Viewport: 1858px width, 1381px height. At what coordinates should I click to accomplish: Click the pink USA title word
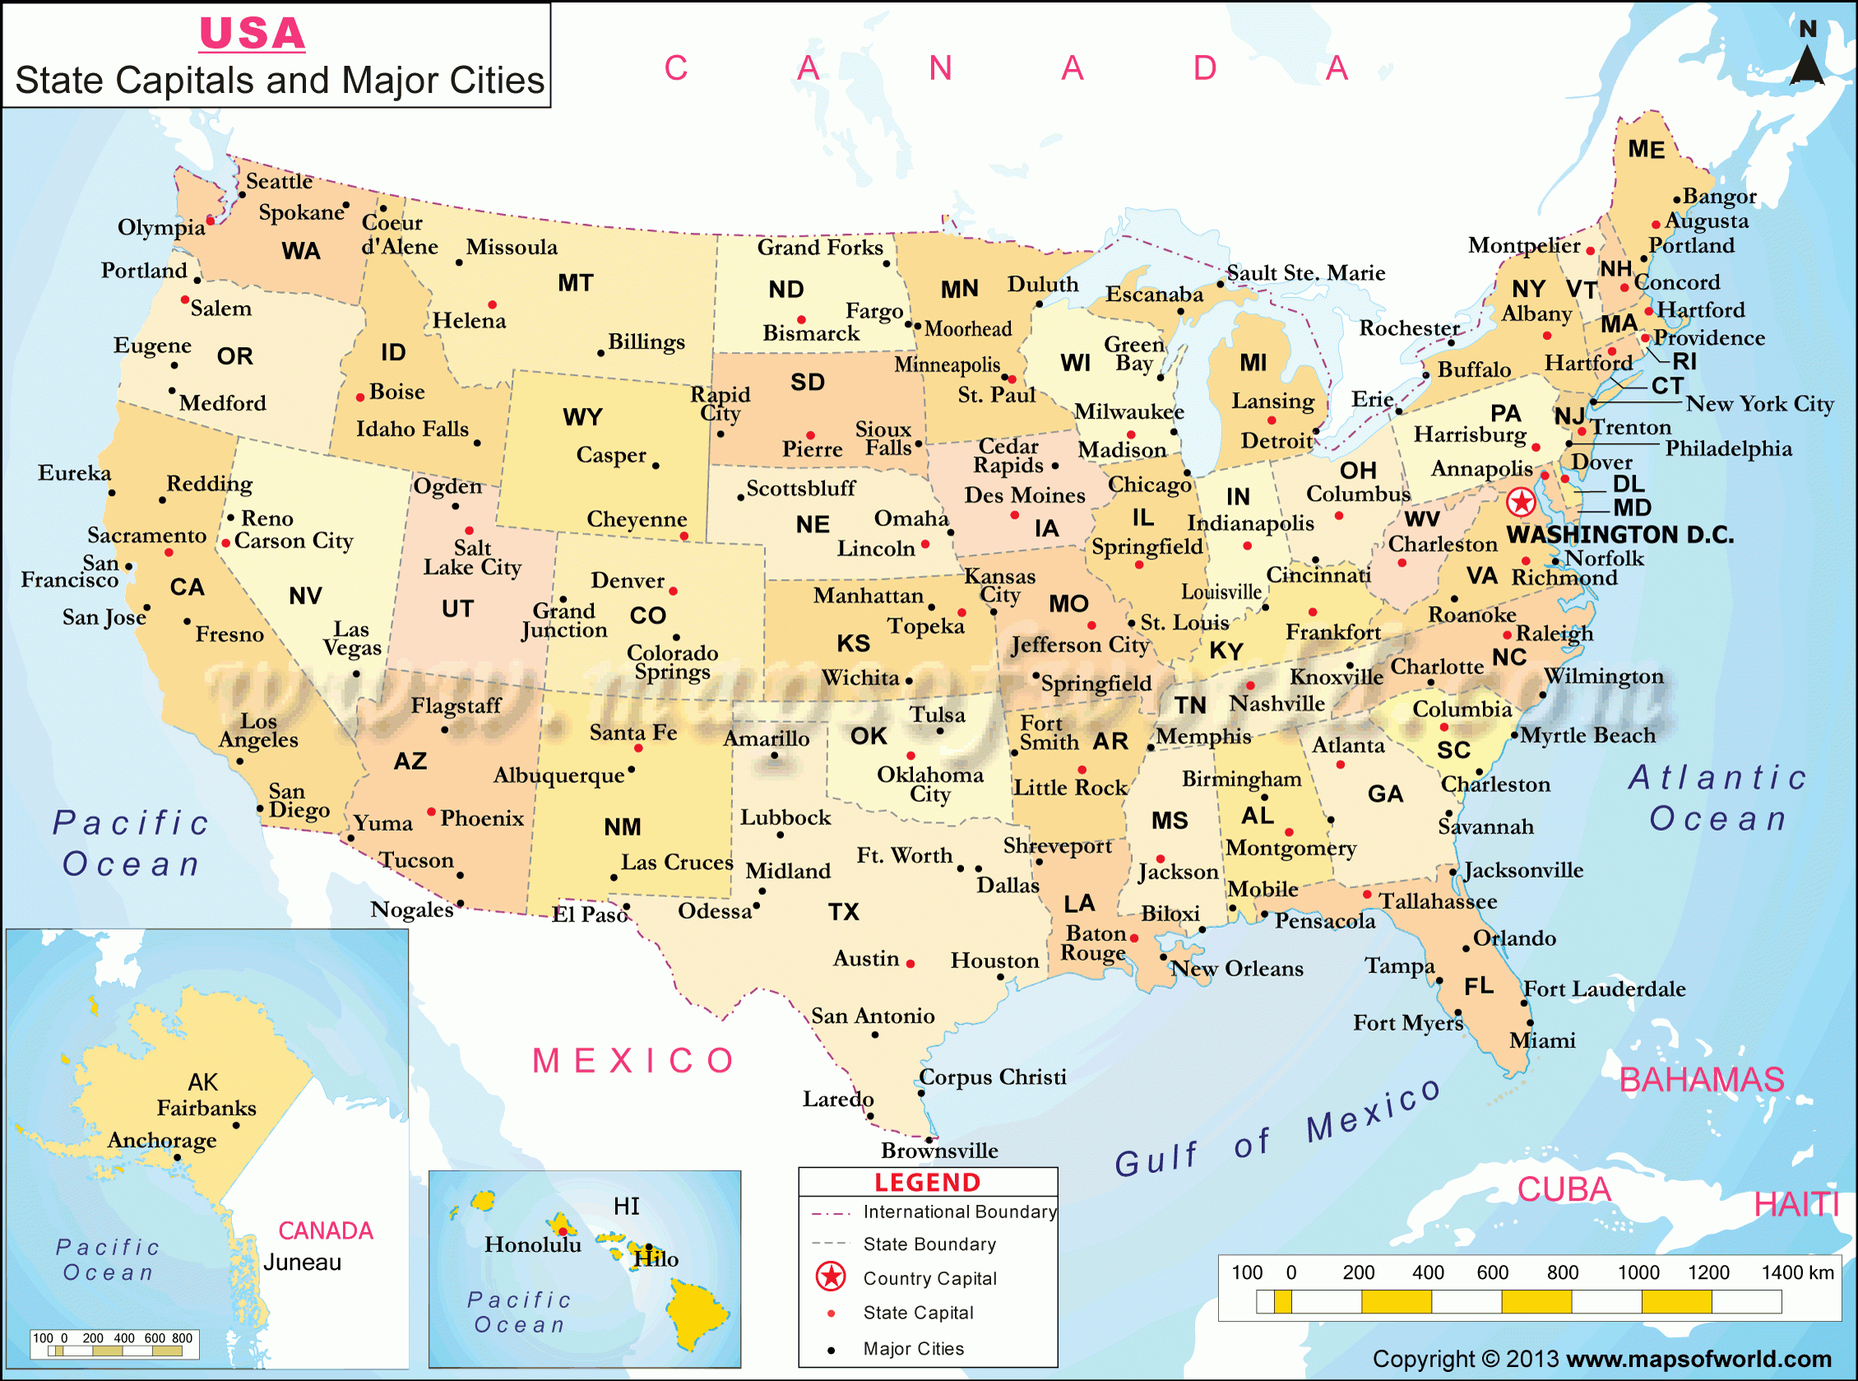252,35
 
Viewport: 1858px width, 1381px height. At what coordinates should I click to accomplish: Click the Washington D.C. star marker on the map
1521,503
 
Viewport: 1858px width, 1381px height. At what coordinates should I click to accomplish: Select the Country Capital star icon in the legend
830,1277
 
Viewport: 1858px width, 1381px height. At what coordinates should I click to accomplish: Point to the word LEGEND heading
927,1182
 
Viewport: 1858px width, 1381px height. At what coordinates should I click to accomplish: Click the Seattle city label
279,182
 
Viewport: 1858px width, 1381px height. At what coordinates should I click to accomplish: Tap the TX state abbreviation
843,911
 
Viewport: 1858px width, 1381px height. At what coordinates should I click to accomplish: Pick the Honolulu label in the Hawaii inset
532,1244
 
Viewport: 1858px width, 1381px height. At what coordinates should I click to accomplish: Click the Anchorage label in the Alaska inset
162,1140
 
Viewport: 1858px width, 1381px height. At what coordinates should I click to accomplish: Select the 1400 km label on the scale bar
1797,1272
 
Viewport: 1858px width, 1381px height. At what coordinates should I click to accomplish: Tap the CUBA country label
1563,1189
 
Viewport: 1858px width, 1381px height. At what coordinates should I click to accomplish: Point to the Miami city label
1542,1040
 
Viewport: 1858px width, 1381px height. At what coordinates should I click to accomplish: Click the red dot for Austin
910,964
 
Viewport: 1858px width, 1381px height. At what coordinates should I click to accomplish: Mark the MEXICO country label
633,1061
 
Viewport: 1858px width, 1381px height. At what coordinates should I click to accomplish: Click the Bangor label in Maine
1719,197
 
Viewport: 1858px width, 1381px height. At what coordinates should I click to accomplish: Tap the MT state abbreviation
575,284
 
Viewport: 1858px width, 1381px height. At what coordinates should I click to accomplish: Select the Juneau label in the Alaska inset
302,1263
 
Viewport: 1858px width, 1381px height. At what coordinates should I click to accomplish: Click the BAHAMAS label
1702,1080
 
